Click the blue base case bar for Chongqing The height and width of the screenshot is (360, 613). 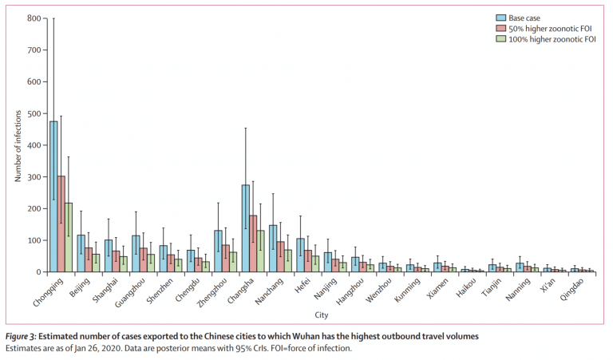(x=53, y=196)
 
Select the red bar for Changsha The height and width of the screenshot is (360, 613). (x=253, y=243)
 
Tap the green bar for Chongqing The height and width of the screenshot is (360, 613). (x=69, y=237)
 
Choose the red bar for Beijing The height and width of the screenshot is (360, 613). (x=89, y=260)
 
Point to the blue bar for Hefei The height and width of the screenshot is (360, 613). (x=300, y=255)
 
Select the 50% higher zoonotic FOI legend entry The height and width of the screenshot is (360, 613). (x=544, y=29)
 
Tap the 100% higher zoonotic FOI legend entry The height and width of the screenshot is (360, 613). (x=546, y=39)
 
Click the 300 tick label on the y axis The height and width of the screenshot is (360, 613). (x=34, y=176)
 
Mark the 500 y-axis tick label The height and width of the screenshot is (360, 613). (x=34, y=113)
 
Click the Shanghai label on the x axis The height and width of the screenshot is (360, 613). (x=105, y=291)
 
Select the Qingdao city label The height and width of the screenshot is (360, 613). (x=571, y=289)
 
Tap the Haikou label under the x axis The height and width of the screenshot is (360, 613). (x=466, y=287)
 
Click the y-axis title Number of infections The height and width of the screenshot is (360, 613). (x=18, y=146)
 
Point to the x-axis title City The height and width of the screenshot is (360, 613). (x=322, y=315)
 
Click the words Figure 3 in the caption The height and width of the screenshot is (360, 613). (x=21, y=337)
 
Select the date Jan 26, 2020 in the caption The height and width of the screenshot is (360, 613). (x=96, y=348)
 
